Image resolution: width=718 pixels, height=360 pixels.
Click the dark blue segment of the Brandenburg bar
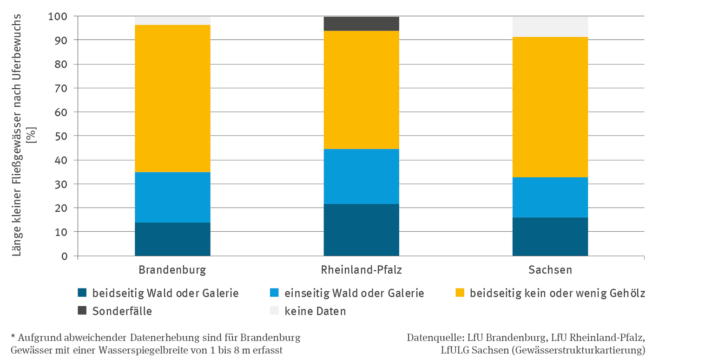(x=172, y=239)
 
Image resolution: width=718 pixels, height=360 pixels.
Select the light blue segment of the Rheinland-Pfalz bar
(x=361, y=177)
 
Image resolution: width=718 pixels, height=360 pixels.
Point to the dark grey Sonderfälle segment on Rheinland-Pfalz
(x=361, y=24)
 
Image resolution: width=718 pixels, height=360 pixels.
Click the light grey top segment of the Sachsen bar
(x=550, y=27)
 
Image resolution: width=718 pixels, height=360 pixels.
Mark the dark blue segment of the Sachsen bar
(x=550, y=236)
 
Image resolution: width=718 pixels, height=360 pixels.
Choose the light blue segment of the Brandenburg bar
(x=172, y=197)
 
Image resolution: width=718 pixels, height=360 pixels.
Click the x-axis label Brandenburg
(x=172, y=270)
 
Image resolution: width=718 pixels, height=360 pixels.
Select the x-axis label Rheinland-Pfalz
(x=361, y=270)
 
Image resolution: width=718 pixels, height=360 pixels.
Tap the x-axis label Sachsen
(x=550, y=270)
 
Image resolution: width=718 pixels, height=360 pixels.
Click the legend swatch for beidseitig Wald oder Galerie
(x=82, y=293)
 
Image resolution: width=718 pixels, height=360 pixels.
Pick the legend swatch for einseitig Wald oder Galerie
(x=274, y=293)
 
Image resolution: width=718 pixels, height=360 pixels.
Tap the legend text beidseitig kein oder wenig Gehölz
(x=557, y=293)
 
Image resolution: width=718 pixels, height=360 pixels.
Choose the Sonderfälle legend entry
(x=122, y=311)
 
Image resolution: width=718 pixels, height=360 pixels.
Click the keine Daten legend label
(x=315, y=311)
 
